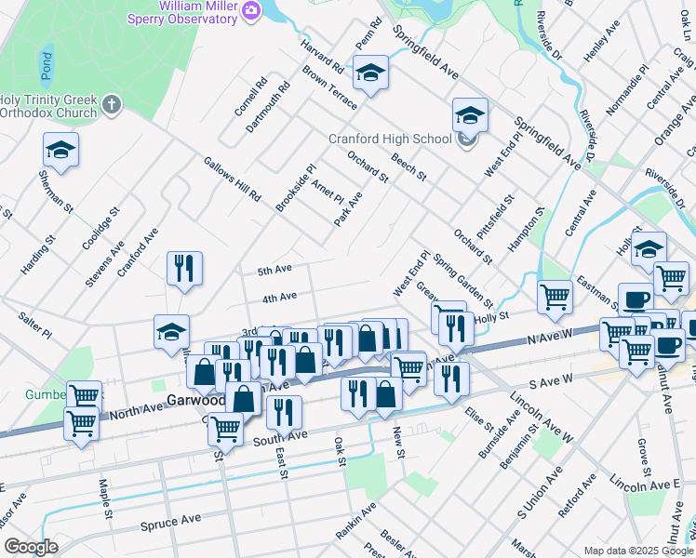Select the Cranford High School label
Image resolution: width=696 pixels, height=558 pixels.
click(390, 139)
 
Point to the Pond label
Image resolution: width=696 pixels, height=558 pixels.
click(46, 64)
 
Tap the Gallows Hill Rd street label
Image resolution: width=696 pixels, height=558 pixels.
click(233, 179)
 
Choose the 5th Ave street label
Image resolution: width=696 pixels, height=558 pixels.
click(275, 270)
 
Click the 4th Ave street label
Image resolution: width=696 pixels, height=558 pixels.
click(279, 298)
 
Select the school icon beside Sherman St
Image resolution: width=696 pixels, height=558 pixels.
click(60, 149)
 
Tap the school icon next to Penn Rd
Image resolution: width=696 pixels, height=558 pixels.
click(370, 74)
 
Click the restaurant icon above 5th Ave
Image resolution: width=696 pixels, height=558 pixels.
click(183, 268)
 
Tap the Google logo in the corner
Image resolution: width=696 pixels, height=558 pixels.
click(31, 547)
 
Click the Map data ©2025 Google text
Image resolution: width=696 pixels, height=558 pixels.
click(638, 551)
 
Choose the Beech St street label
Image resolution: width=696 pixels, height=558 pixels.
click(408, 167)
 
